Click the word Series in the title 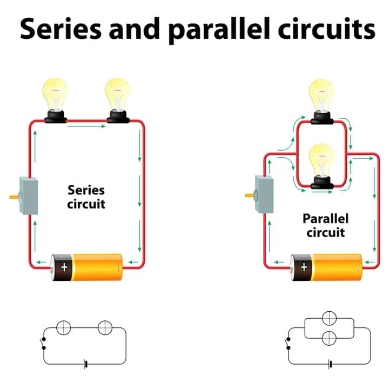pos(61,29)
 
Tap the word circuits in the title pos(326,29)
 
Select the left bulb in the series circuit pos(55,100)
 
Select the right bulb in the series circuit pos(118,100)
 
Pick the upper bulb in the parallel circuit pos(322,101)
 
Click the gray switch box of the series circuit pos(29,196)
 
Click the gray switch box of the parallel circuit pos(264,194)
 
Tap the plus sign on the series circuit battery pos(64,267)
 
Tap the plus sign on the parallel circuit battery pos(304,267)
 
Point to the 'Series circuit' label pos(86,197)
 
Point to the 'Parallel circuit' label pos(325,225)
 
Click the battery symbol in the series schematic pos(85,364)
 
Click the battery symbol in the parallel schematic pos(330,364)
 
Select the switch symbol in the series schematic pos(43,344)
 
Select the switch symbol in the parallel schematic pos(288,344)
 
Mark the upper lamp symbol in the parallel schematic pos(329,318)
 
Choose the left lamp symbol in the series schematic pos(64,327)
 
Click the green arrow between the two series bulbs pos(86,126)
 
